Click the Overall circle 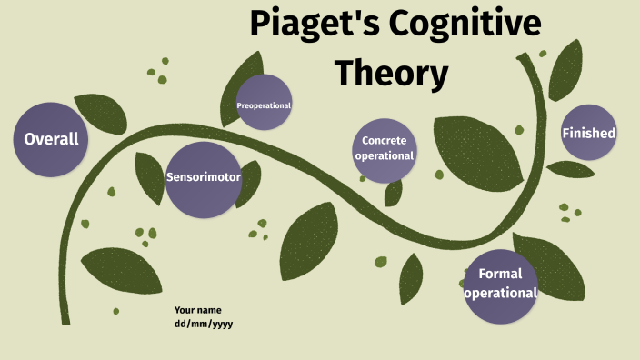[51, 139]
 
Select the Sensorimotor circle [203, 178]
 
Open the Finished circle [588, 133]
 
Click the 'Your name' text [198, 310]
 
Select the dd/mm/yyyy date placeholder [205, 324]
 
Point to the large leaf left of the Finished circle [477, 150]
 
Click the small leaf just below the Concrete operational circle [394, 192]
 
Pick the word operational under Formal [500, 294]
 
